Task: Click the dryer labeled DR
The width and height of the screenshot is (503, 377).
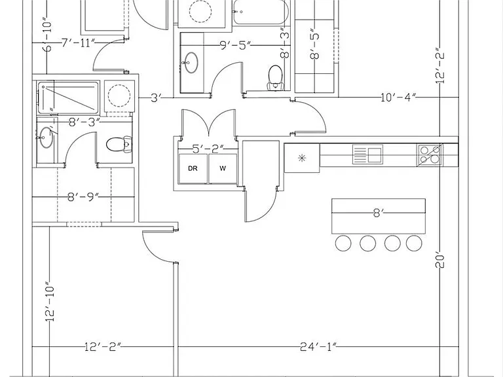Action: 193,169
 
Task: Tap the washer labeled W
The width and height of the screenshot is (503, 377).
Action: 223,169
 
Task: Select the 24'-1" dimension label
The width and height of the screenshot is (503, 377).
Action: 318,346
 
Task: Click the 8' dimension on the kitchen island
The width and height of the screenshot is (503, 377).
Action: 379,213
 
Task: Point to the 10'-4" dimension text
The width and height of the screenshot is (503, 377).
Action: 398,97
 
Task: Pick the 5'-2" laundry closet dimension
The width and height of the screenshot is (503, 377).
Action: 208,149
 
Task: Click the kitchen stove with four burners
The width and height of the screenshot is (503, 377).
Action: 430,155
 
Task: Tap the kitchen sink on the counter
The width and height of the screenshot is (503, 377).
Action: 367,154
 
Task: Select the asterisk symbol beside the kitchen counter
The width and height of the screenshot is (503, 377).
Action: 301,158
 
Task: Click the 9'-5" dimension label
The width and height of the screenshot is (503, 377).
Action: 235,45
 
